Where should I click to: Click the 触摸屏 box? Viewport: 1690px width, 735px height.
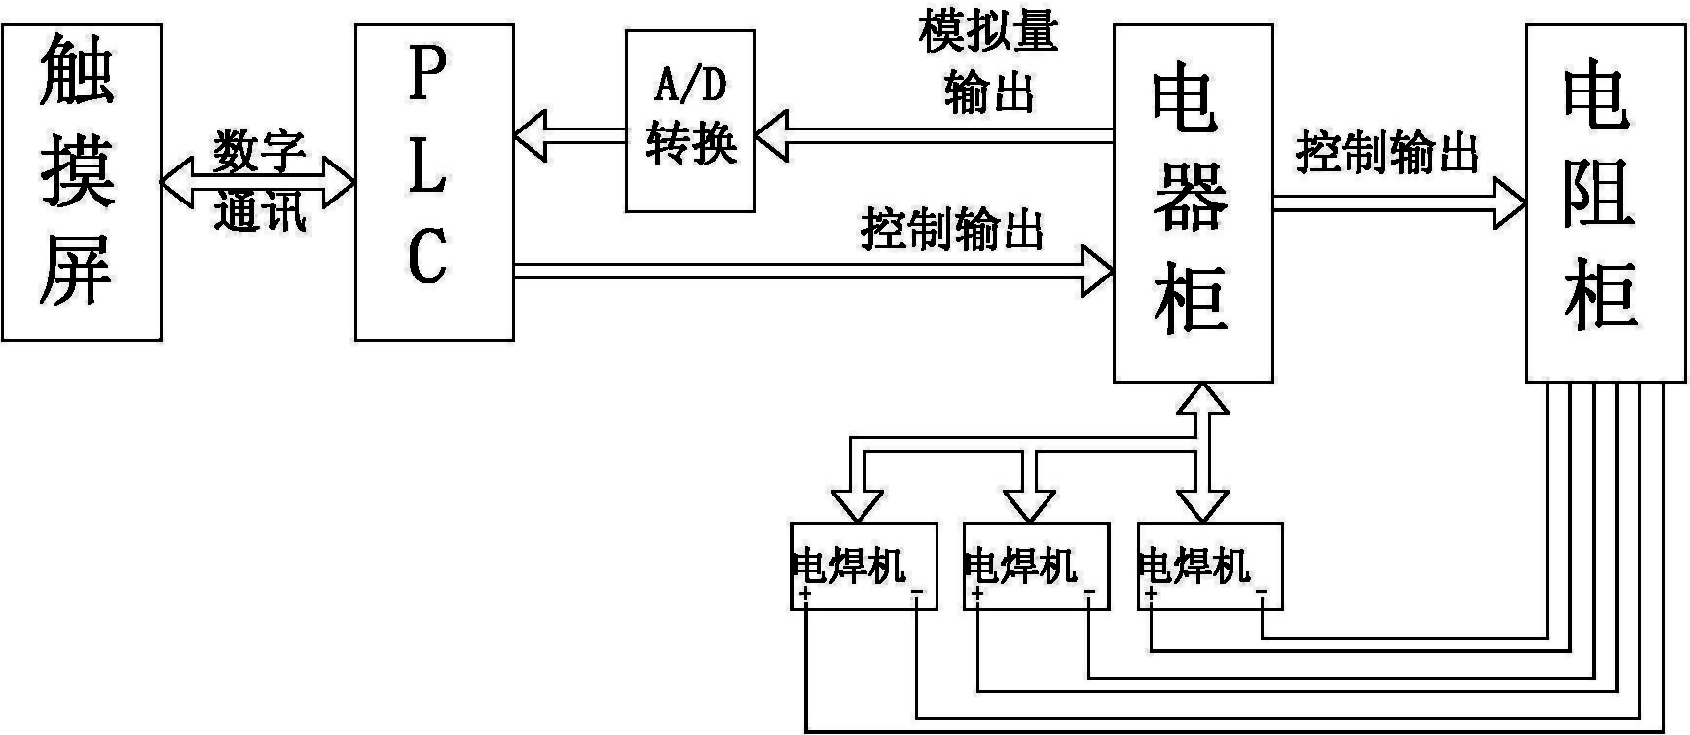point(81,182)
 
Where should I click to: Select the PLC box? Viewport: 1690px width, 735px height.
point(434,182)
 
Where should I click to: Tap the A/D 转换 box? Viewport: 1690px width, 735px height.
point(690,121)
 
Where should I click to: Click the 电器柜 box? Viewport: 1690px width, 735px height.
point(1193,202)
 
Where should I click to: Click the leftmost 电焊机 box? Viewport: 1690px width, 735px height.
point(864,567)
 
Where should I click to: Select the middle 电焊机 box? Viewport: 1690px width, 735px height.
point(1036,567)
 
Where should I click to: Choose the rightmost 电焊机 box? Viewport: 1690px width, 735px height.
point(1209,567)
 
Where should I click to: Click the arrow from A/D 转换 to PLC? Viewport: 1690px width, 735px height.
point(569,135)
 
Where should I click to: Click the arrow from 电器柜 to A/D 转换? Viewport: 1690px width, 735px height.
point(935,135)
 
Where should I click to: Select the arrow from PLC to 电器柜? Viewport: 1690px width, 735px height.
point(813,271)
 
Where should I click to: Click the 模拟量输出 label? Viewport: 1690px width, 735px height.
point(988,63)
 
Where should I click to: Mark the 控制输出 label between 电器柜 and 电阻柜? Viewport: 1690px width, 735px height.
point(1387,153)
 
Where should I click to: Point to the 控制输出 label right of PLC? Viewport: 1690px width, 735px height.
point(952,231)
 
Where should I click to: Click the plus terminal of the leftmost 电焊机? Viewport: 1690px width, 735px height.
point(805,593)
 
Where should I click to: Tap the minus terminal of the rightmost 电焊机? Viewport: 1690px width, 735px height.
point(1262,593)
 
